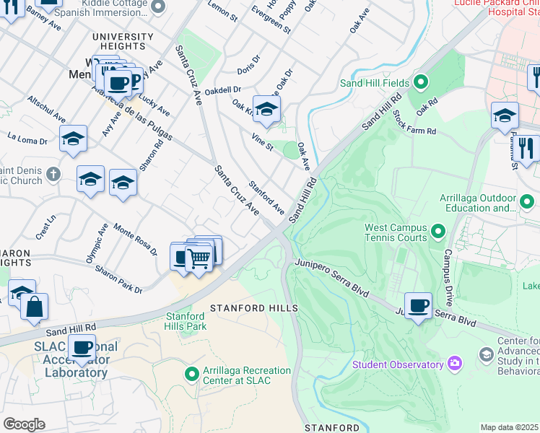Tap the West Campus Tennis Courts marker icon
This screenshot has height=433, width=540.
(437, 232)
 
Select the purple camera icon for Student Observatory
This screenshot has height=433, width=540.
(455, 363)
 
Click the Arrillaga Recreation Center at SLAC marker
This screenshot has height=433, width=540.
(191, 375)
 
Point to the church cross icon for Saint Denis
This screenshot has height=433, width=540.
(53, 174)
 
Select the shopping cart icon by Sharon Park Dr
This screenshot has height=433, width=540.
(199, 257)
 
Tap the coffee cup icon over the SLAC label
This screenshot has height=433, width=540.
(82, 347)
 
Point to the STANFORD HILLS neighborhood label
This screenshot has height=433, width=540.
(253, 308)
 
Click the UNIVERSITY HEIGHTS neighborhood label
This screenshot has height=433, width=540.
(122, 41)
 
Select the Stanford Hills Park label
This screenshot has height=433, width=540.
(186, 321)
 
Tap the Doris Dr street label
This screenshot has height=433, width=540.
(248, 64)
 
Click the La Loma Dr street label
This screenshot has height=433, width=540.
(27, 139)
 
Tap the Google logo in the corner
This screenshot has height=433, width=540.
(24, 424)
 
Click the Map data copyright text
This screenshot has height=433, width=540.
(510, 427)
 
